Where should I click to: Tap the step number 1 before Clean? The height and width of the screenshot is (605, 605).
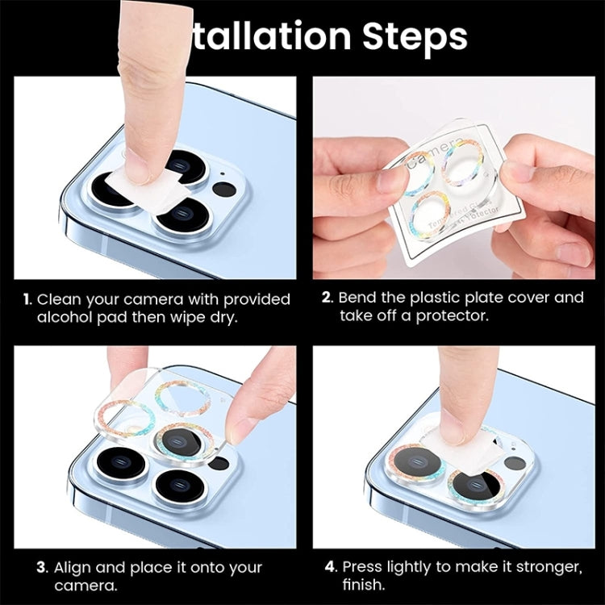[27, 299]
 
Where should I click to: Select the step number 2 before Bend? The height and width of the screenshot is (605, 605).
[327, 298]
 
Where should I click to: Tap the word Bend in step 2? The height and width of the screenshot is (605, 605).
[360, 298]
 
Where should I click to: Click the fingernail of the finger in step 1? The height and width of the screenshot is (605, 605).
[137, 166]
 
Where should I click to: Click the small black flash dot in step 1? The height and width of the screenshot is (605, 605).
[223, 191]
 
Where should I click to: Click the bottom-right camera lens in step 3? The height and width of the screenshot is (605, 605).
[178, 487]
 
